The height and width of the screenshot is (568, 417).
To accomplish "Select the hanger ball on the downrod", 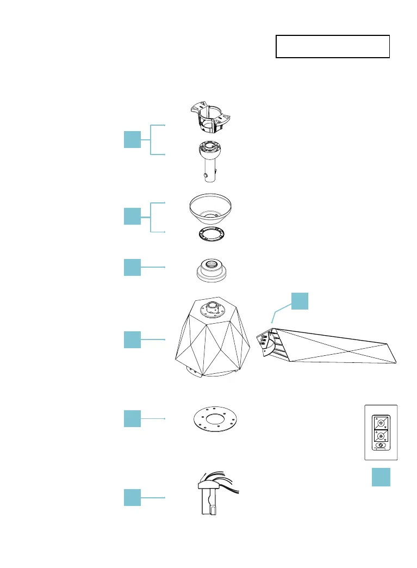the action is click(x=210, y=152).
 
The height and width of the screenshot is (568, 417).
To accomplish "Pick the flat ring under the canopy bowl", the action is click(x=211, y=234).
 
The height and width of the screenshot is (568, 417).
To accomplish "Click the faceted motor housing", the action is click(x=214, y=337).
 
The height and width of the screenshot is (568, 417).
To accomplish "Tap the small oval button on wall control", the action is click(x=381, y=446).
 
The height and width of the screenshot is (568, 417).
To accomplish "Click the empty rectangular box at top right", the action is click(x=333, y=47).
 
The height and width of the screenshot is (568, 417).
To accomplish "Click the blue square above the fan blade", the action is click(x=300, y=301).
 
